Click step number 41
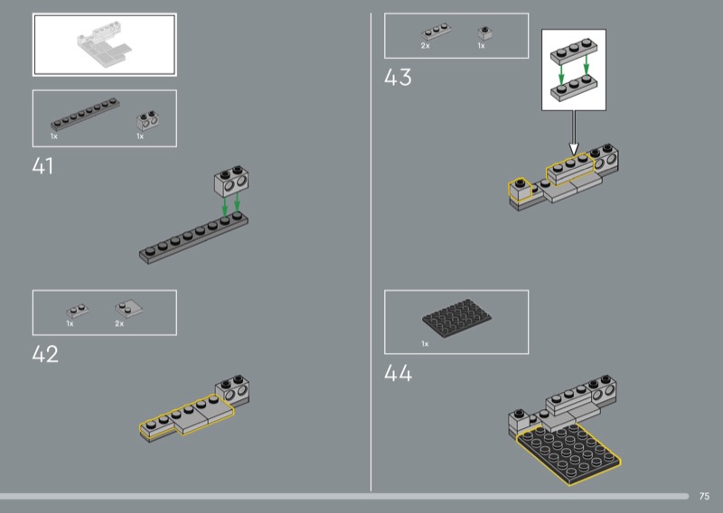[x=42, y=166]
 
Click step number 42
[x=45, y=354]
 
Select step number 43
[x=398, y=77]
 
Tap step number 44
[x=398, y=373]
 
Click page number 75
[x=704, y=496]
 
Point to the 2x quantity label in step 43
[x=425, y=46]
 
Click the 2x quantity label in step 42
[x=119, y=323]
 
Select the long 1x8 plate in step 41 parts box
[x=85, y=115]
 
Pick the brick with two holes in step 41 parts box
[x=148, y=120]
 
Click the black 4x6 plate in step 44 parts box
[x=456, y=319]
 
